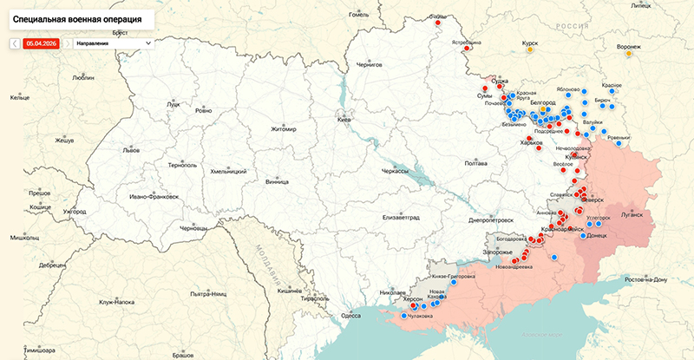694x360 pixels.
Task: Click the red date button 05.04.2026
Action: point(41,43)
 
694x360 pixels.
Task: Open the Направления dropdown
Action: point(113,43)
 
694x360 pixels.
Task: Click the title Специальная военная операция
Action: point(78,17)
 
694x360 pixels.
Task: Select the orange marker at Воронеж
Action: point(630,54)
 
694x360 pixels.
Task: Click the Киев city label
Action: point(344,118)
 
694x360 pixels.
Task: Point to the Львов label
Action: point(131,149)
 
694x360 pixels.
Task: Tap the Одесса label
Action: point(350,316)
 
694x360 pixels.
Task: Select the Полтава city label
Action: point(476,163)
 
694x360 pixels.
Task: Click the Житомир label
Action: point(284,129)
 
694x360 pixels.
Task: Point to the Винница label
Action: point(278,182)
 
